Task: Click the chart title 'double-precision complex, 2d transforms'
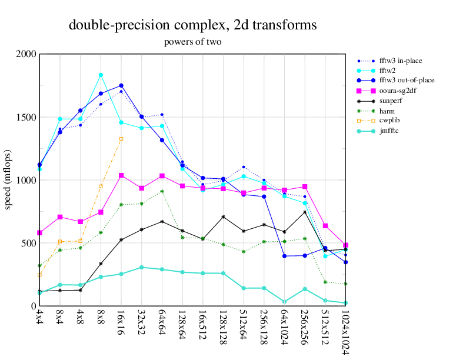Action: (x=193, y=25)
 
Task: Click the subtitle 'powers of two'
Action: (x=192, y=42)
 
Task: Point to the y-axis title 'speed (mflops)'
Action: (x=9, y=180)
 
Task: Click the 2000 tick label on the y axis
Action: (x=26, y=54)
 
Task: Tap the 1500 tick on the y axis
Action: (x=26, y=117)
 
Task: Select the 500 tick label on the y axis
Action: (x=28, y=243)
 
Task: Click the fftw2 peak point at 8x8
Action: (x=101, y=75)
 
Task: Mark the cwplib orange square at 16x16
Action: (x=121, y=139)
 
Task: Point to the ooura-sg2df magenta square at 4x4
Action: (x=39, y=233)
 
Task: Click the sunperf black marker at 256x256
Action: (x=305, y=212)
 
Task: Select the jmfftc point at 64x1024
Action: (x=284, y=302)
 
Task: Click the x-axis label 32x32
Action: (x=141, y=323)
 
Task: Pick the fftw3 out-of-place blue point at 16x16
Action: (x=121, y=85)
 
